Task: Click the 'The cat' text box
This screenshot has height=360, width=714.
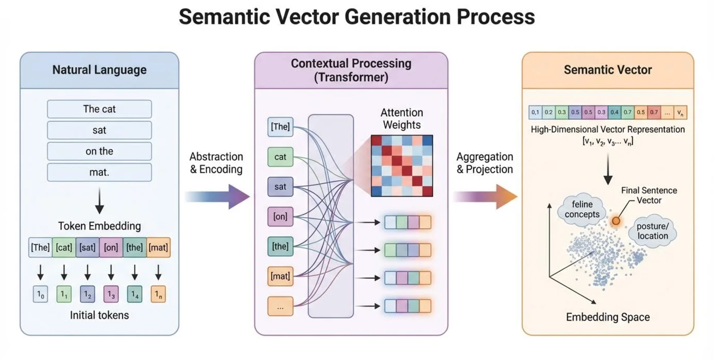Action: coord(99,109)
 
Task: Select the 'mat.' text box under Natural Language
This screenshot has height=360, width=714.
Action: coord(99,172)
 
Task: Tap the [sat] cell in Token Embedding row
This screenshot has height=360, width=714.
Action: coord(88,247)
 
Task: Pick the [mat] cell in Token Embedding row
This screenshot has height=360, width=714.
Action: coord(158,247)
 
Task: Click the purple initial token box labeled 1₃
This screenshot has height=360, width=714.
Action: coord(111,294)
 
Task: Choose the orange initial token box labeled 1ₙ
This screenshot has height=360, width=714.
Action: coord(158,294)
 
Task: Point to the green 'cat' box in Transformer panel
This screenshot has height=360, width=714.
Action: coord(280,157)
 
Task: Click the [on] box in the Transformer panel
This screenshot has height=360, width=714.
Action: coord(280,217)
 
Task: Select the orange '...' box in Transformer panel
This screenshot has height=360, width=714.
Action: coord(280,306)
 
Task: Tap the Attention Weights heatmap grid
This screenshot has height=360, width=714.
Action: coord(402,166)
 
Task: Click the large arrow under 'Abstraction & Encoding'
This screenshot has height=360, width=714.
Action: coord(218,196)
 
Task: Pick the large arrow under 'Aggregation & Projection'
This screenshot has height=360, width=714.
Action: coord(485,196)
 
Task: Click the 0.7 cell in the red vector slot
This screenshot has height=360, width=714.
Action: coord(654,112)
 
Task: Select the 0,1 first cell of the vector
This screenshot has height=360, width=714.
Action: coord(535,112)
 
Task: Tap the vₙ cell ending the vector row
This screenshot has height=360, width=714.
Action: coord(680,112)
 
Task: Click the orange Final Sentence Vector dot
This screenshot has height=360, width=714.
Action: coord(616,220)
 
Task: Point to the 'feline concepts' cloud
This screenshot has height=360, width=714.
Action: coord(582,209)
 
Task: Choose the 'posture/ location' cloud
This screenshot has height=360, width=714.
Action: coord(653,232)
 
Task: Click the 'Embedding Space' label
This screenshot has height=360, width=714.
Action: coord(608,317)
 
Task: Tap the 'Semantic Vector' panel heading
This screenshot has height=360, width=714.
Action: coord(608,70)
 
